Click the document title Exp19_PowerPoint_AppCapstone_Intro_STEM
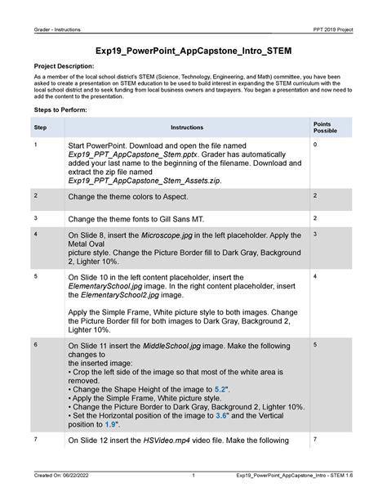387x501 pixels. (x=193, y=50)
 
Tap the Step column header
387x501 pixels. (x=40, y=127)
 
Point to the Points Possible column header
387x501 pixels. (x=324, y=127)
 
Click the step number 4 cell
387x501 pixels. (x=37, y=235)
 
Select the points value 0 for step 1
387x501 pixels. (x=315, y=145)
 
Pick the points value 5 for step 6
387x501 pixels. (x=315, y=347)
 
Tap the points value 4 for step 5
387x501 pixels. (x=315, y=277)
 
